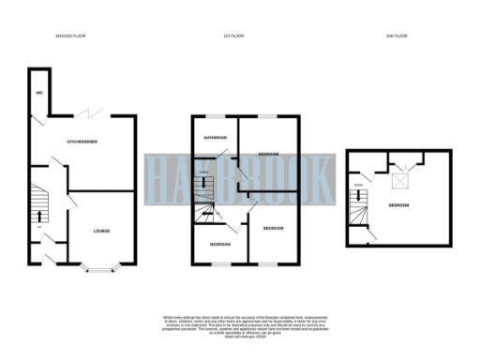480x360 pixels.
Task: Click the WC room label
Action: [x=40, y=94]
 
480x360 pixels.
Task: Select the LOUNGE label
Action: [x=102, y=230]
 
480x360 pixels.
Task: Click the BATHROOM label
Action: [x=216, y=137]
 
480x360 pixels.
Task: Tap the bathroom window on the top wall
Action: [x=215, y=116]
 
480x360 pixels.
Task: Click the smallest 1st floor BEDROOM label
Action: [x=220, y=244]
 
